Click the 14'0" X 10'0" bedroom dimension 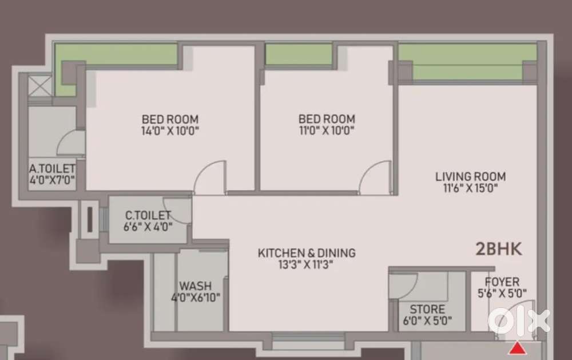coord(170,130)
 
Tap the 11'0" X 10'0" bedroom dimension coord(327,130)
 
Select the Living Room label coord(471,177)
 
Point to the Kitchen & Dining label coord(307,253)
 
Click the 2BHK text coord(499,250)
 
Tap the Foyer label coord(502,282)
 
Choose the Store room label coord(427,309)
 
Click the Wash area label coord(196,286)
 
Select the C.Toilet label coord(148,215)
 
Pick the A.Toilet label coord(52,169)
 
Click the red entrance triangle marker coord(517,349)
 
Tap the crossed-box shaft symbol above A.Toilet coord(40,86)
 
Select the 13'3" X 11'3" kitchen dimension coord(305,264)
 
